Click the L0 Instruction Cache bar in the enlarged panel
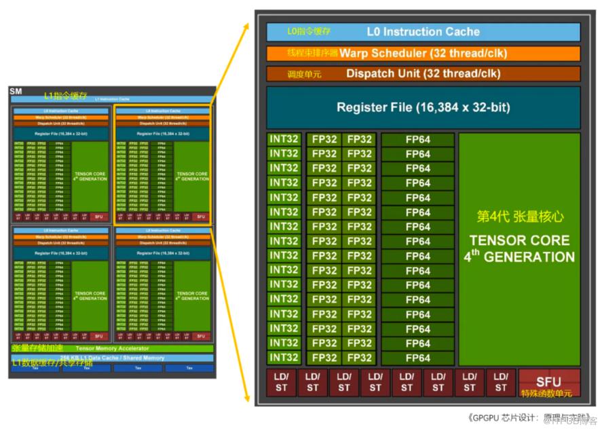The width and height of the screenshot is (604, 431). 423,32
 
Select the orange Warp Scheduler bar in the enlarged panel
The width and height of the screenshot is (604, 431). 423,53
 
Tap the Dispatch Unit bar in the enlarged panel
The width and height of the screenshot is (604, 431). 423,73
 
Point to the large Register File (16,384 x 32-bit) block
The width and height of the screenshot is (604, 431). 423,107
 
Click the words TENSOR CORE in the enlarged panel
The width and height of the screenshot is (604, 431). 519,241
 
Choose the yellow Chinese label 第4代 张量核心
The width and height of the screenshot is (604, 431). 519,217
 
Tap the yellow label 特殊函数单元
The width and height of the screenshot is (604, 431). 546,394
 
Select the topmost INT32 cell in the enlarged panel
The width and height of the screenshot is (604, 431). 284,139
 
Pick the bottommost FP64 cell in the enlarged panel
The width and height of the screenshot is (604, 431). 417,358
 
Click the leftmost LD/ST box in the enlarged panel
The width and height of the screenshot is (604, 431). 281,382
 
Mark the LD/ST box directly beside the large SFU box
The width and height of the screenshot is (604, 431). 501,382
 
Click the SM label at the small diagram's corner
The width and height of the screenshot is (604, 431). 15,92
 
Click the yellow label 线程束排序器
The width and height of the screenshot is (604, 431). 312,53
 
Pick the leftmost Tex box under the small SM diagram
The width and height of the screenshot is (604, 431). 35,369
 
